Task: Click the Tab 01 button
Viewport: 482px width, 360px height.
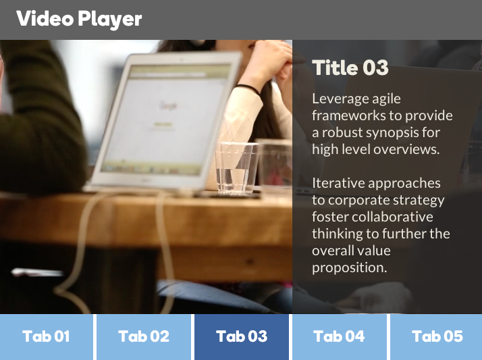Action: [46, 337]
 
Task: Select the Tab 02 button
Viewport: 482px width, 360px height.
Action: [144, 337]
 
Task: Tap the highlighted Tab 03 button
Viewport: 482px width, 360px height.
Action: [242, 337]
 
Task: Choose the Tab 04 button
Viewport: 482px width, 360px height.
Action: [340, 337]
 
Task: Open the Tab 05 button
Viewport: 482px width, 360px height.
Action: [436, 337]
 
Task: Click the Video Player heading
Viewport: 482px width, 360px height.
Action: [79, 19]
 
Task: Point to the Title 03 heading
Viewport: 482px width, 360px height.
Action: [350, 68]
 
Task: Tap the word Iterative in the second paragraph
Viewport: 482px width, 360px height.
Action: [338, 183]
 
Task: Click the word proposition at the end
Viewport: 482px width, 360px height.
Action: [350, 268]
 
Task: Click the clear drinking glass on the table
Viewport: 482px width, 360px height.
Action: [236, 168]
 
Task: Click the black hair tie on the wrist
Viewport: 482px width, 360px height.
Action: [248, 89]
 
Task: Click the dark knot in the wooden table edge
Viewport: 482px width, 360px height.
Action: [250, 262]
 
